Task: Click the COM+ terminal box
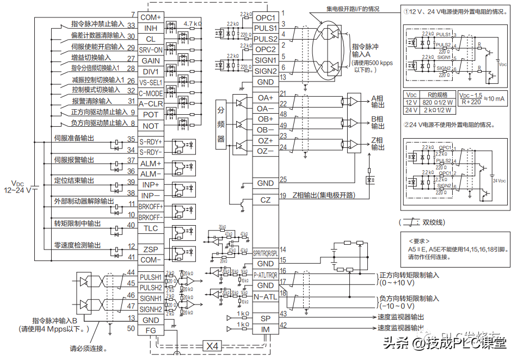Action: tap(151, 17)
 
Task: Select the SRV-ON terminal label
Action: tap(151, 49)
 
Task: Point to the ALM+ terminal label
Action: tap(151, 163)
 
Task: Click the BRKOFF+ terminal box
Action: tap(151, 207)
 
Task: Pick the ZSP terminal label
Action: tap(151, 249)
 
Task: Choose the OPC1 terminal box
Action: tap(266, 17)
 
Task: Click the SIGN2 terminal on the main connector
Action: tap(266, 71)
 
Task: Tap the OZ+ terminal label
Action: tap(266, 140)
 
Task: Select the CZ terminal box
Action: tap(266, 200)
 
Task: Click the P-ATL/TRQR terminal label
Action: tap(266, 275)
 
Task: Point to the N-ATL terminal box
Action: tap(266, 296)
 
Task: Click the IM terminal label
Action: tap(266, 329)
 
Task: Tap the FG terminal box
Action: tap(151, 330)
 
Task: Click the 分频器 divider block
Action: tap(221, 124)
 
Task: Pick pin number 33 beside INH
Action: tap(131, 25)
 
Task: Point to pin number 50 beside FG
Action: tap(131, 327)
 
